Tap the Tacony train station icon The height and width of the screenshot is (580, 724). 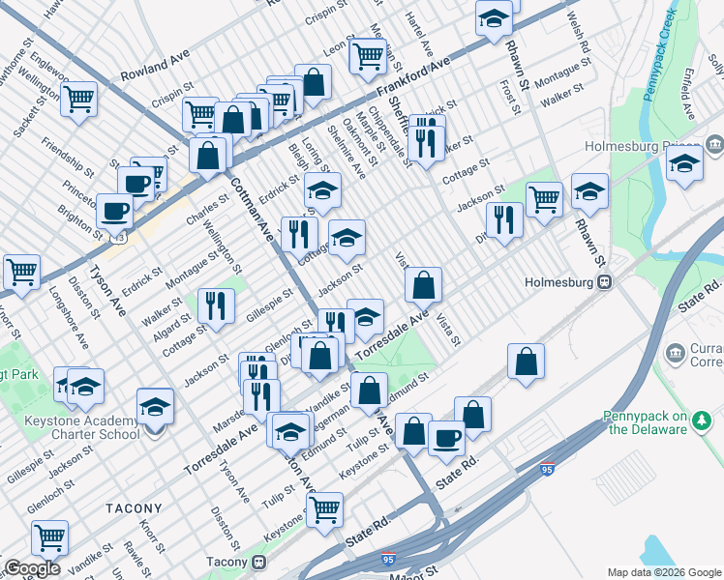pos(258,562)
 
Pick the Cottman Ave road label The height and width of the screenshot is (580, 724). pos(249,203)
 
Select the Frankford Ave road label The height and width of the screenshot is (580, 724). pos(413,76)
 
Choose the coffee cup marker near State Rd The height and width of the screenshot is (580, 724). pos(446,436)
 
